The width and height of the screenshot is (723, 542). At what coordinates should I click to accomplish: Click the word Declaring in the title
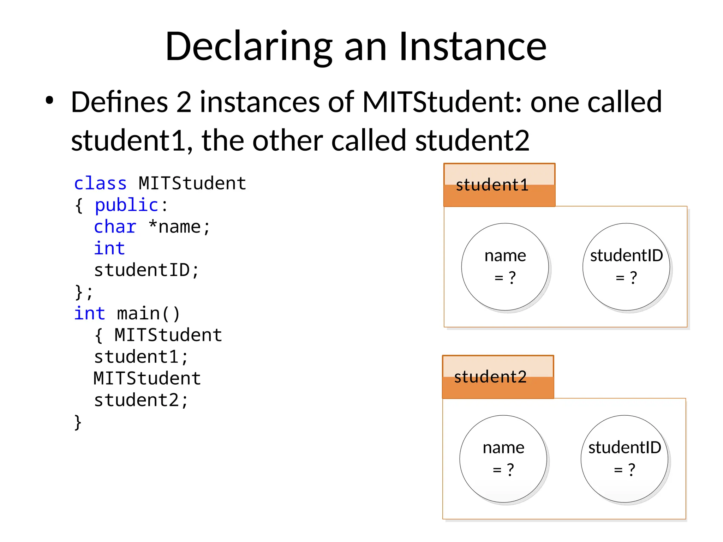point(249,47)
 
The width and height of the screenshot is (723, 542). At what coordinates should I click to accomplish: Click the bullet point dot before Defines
point(49,101)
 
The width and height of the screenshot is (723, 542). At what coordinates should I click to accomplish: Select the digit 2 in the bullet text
point(184,102)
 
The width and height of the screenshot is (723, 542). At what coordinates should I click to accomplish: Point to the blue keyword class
point(100,183)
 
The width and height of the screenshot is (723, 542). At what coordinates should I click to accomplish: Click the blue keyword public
point(126,205)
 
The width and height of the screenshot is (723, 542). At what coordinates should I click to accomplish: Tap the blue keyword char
point(115,227)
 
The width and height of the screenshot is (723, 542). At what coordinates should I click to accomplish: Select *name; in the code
point(179,227)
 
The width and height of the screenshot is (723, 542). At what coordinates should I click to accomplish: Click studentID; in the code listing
point(147,270)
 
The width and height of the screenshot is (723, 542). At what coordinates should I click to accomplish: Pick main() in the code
point(148,314)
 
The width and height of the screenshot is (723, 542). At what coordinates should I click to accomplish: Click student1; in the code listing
point(141,357)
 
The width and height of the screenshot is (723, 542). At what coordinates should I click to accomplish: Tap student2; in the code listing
point(141,400)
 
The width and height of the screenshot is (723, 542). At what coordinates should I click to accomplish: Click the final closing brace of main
point(78,422)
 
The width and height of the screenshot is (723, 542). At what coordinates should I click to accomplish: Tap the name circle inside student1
point(505,267)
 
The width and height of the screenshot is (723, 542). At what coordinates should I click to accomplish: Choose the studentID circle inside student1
point(626,267)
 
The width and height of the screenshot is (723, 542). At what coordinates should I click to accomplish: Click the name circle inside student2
point(503,459)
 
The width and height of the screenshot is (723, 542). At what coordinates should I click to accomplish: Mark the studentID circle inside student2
point(625,459)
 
